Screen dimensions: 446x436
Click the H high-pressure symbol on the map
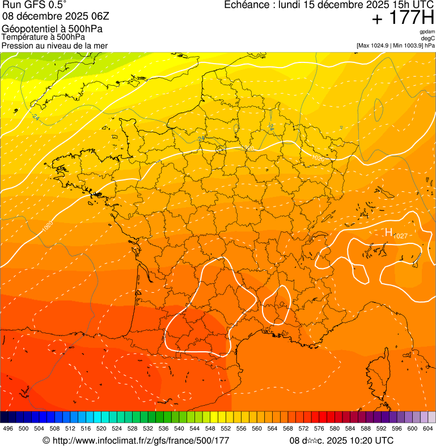[x=389, y=232]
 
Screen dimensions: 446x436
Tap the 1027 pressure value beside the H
[x=400, y=235]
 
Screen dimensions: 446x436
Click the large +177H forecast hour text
[x=403, y=19]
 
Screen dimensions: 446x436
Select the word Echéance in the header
[x=245, y=5]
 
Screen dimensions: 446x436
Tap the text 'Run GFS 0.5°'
[x=34, y=5]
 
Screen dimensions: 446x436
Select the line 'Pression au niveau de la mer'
[x=54, y=45]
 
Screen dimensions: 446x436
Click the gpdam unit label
[x=427, y=32]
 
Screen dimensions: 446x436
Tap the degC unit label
[x=428, y=39]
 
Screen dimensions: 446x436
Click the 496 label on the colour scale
[x=8, y=428]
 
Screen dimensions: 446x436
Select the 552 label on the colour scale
[x=226, y=428]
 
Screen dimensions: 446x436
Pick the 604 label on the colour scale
[x=428, y=428]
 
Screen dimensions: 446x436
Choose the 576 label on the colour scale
[x=319, y=428]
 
